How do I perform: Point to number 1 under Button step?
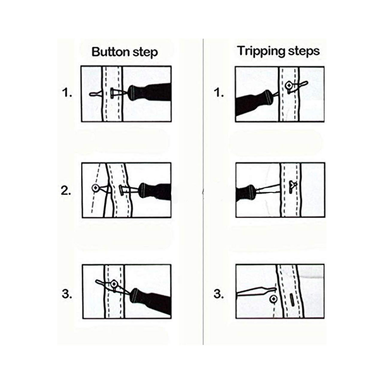pyautogui.click(x=67, y=93)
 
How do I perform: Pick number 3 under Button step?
pyautogui.click(x=67, y=294)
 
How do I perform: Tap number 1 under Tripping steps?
pyautogui.click(x=219, y=93)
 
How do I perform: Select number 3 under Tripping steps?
pyautogui.click(x=219, y=294)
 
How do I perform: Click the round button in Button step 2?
pyautogui.click(x=95, y=188)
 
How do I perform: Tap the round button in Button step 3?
pyautogui.click(x=114, y=284)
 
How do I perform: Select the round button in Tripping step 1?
pyautogui.click(x=289, y=85)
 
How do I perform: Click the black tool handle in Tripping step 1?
pyautogui.click(x=250, y=104)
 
